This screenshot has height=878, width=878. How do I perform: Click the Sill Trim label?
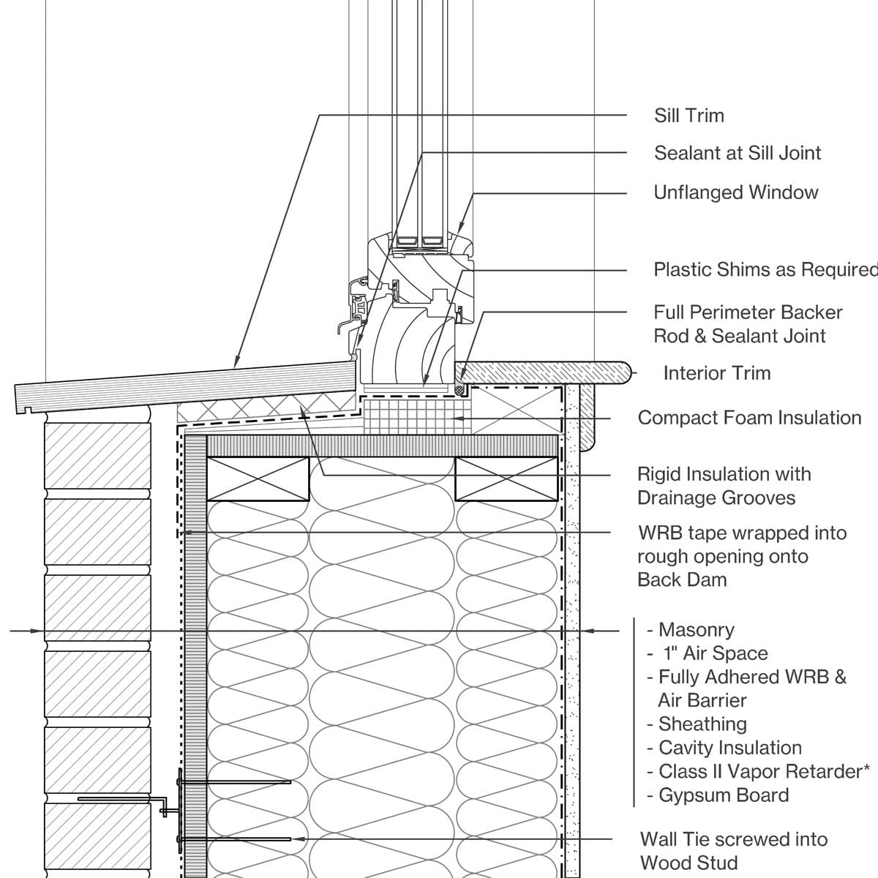pyautogui.click(x=688, y=116)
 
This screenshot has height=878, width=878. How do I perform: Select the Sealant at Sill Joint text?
pyautogui.click(x=737, y=153)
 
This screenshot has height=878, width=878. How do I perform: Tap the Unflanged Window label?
pyautogui.click(x=735, y=192)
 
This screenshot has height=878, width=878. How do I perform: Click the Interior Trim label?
pyautogui.click(x=716, y=373)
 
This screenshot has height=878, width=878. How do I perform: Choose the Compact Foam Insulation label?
pyautogui.click(x=749, y=418)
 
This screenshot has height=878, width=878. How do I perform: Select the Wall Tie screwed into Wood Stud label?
pyautogui.click(x=733, y=850)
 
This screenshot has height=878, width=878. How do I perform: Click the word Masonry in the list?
pyautogui.click(x=696, y=630)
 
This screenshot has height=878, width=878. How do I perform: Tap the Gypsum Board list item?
pyautogui.click(x=723, y=795)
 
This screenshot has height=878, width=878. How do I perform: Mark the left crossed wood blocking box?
pyautogui.click(x=258, y=479)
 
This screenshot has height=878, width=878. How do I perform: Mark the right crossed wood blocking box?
pyautogui.click(x=506, y=479)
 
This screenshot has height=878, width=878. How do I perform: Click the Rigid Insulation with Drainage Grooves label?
pyautogui.click(x=724, y=486)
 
